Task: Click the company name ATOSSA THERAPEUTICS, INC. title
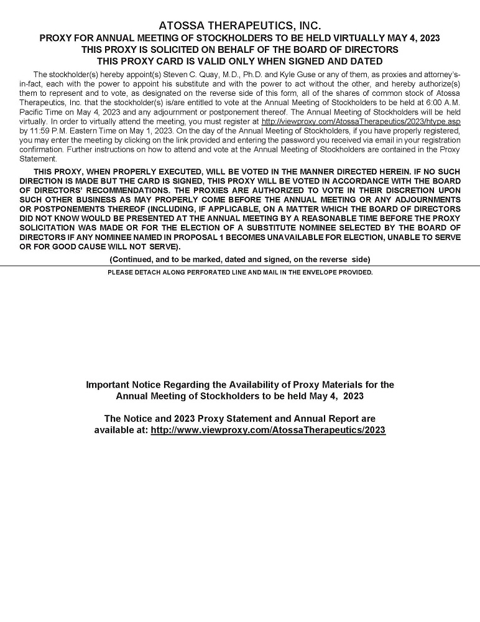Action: tap(240, 26)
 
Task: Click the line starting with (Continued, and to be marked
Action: tap(240, 259)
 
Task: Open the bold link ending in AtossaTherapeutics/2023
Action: tap(268, 430)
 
